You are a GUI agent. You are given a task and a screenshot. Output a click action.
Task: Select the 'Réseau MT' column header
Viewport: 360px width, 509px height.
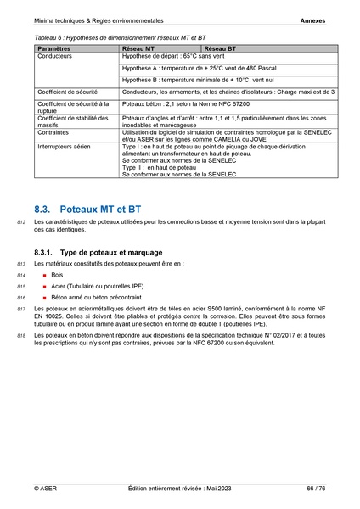(x=138, y=51)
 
